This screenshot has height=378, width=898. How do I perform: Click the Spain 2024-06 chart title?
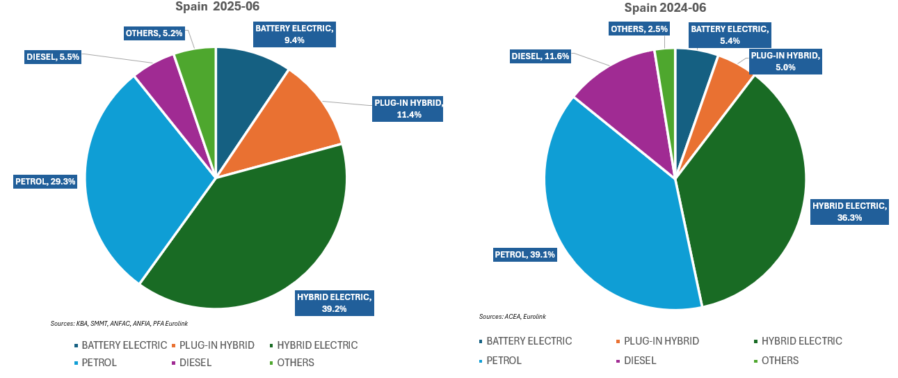coord(666,8)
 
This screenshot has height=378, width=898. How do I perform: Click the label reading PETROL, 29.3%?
coord(46,182)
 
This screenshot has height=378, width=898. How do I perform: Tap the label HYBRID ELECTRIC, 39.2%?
coord(335,303)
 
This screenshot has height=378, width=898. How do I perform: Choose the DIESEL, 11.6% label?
coord(541,56)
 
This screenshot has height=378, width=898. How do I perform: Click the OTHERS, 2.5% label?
coord(639,29)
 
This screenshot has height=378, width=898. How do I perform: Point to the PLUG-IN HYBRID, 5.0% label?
coord(785,61)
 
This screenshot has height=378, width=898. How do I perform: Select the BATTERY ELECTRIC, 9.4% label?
coord(295,34)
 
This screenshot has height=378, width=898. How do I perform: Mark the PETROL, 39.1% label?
coord(525,254)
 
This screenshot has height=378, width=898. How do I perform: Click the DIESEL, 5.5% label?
coord(54,57)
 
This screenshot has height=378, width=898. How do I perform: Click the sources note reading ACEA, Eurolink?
coord(513,317)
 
